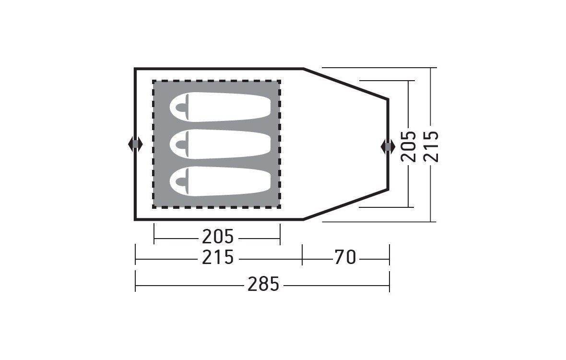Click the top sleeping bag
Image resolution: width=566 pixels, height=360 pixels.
(x=220, y=107)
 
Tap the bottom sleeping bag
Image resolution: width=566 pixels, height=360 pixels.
(x=220, y=181)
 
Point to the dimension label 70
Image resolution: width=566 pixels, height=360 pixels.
(x=345, y=257)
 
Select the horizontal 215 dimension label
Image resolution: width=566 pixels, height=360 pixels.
(x=218, y=257)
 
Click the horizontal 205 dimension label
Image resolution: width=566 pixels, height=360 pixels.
(x=218, y=237)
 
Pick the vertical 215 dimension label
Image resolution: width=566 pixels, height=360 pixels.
(x=431, y=146)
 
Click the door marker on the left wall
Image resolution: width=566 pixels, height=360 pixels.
(x=135, y=144)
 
